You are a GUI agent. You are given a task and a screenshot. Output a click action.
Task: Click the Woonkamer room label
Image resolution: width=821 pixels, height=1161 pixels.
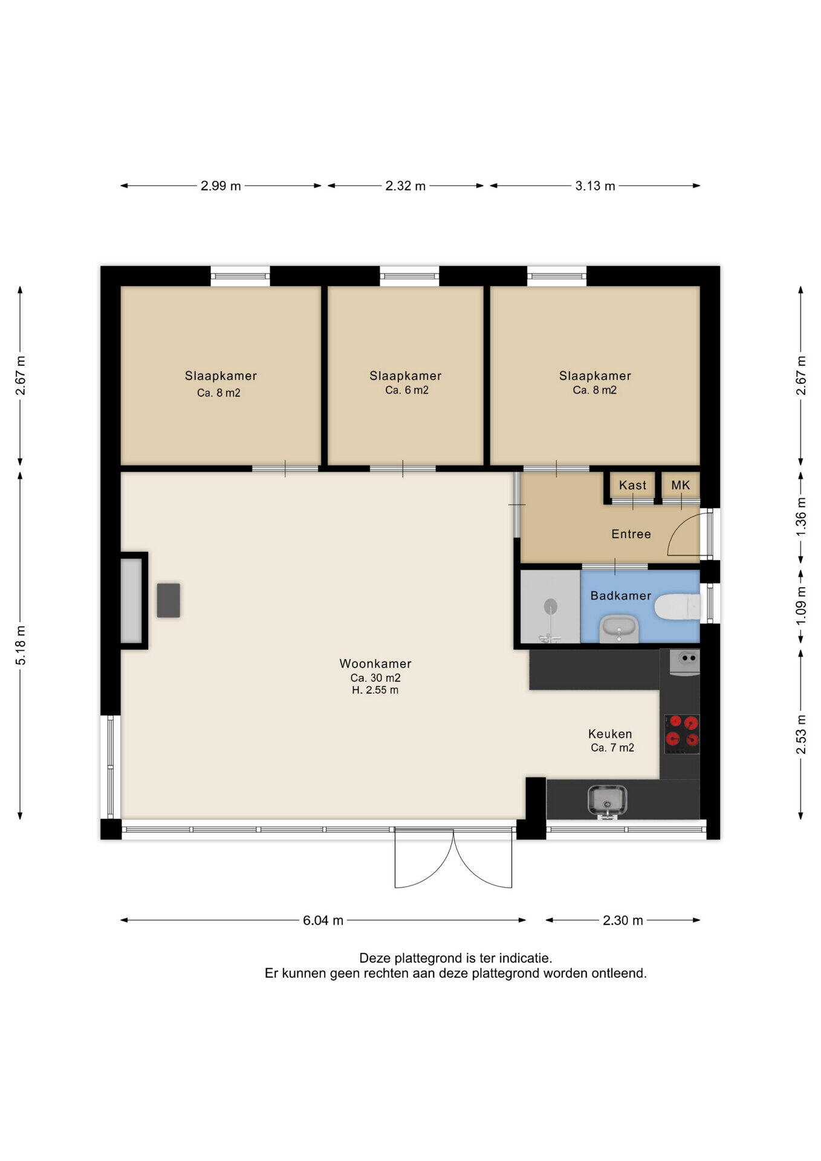tap(375, 663)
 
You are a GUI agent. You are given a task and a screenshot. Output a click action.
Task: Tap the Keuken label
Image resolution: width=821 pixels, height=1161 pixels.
tap(610, 734)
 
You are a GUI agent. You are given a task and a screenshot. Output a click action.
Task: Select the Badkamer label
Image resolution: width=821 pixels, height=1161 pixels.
tap(621, 596)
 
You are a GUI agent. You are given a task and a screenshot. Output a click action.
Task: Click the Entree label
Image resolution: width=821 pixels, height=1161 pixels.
tap(631, 534)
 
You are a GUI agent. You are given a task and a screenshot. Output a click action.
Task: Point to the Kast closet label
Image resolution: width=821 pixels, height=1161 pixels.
tap(632, 485)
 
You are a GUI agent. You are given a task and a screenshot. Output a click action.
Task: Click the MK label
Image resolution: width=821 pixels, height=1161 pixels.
tap(681, 485)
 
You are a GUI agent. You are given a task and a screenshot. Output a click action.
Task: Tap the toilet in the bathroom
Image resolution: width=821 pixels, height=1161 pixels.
tap(677, 607)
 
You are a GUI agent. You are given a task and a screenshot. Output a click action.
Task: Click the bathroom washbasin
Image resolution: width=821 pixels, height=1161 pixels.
tap(619, 629)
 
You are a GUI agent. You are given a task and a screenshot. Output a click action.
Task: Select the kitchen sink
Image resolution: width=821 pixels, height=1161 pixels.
tap(607, 801)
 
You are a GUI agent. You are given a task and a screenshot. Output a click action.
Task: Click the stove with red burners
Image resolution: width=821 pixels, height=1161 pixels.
tap(682, 734)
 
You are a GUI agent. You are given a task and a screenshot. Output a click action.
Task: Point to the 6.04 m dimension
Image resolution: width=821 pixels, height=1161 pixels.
tap(323, 920)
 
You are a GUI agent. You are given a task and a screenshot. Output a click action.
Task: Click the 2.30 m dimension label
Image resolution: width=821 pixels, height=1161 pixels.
tap(623, 920)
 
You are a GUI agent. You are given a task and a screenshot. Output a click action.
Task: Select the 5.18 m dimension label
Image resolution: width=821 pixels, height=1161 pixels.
tap(21, 646)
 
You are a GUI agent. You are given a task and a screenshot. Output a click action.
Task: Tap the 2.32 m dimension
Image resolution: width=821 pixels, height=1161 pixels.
tap(406, 186)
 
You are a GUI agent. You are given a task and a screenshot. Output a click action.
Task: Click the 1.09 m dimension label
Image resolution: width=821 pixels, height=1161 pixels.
tap(801, 607)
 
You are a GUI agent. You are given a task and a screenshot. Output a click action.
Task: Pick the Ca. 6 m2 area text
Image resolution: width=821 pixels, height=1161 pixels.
tap(407, 390)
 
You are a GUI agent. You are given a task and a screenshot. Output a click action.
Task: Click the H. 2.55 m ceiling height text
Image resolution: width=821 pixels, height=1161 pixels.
tap(375, 690)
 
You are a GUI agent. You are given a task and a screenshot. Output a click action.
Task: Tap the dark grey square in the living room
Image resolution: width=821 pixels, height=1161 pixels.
tap(169, 600)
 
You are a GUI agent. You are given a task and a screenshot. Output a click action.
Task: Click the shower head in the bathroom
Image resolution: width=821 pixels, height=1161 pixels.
tap(550, 606)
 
